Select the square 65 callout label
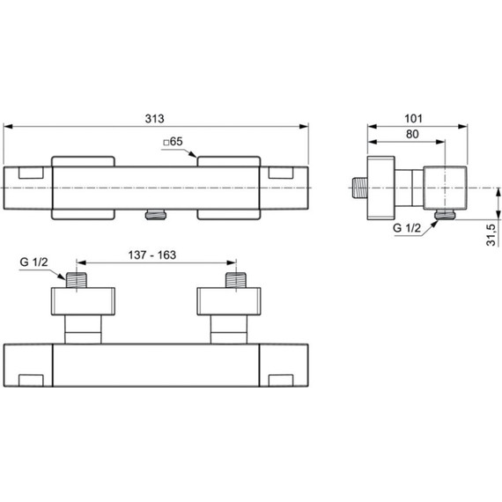point(173,141)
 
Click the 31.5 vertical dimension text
point(491,236)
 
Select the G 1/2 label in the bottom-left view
point(33,262)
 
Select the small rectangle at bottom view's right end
point(282,379)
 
